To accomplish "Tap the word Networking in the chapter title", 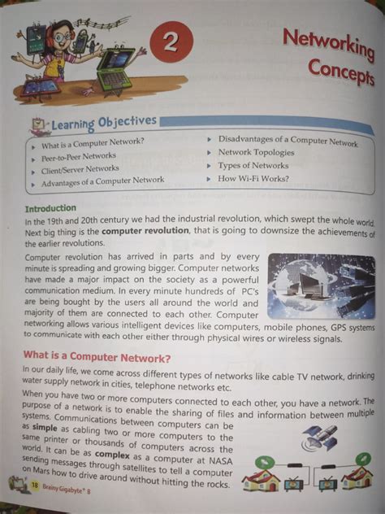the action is pyautogui.click(x=327, y=46).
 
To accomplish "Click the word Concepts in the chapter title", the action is pyautogui.click(x=340, y=74).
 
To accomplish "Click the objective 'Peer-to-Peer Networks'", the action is pyautogui.click(x=79, y=156).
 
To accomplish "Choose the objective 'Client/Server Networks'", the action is pyautogui.click(x=80, y=169).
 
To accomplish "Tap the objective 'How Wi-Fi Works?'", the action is pyautogui.click(x=253, y=178).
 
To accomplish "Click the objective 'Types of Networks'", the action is pyautogui.click(x=254, y=165).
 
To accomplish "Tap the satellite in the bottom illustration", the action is pyautogui.click(x=315, y=437).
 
